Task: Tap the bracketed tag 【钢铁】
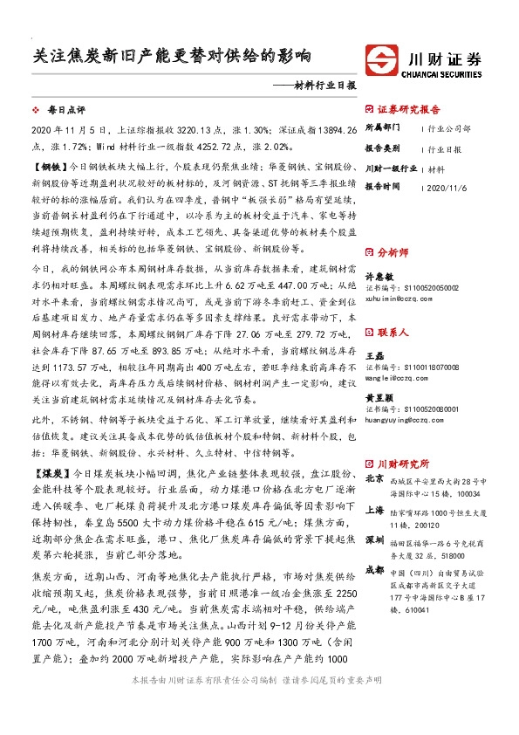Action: pyautogui.click(x=48, y=164)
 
